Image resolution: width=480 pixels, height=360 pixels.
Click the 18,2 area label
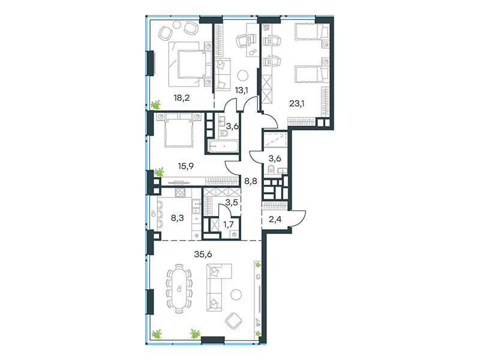pos(182,98)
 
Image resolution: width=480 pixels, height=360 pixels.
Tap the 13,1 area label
pos(242,91)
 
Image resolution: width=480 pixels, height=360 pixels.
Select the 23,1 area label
pos(296,103)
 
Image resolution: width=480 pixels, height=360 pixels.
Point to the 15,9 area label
pos(186,166)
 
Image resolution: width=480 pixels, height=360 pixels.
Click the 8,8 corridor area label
pos(250,181)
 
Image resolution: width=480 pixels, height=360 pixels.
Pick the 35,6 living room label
pos(203,254)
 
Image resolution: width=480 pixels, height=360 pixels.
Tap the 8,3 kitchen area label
pos(177,218)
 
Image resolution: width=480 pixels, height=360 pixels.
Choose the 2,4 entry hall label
pos(275,219)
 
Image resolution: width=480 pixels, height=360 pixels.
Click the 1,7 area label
pos(229,224)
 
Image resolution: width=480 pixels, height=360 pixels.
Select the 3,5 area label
pos(232,202)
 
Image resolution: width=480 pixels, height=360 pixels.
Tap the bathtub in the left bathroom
pos(223,146)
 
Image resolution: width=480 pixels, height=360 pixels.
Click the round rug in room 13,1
pos(244,76)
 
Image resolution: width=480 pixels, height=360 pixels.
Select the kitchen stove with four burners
pos(181,193)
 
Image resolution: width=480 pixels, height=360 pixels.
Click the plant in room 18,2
pos(155,104)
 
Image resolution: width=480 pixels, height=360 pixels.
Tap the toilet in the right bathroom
pos(271,169)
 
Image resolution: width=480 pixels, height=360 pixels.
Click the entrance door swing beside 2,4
pos(297,218)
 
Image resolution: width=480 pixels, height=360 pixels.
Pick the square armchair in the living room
pos(233,321)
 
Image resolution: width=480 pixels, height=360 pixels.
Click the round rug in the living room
pos(236,295)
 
